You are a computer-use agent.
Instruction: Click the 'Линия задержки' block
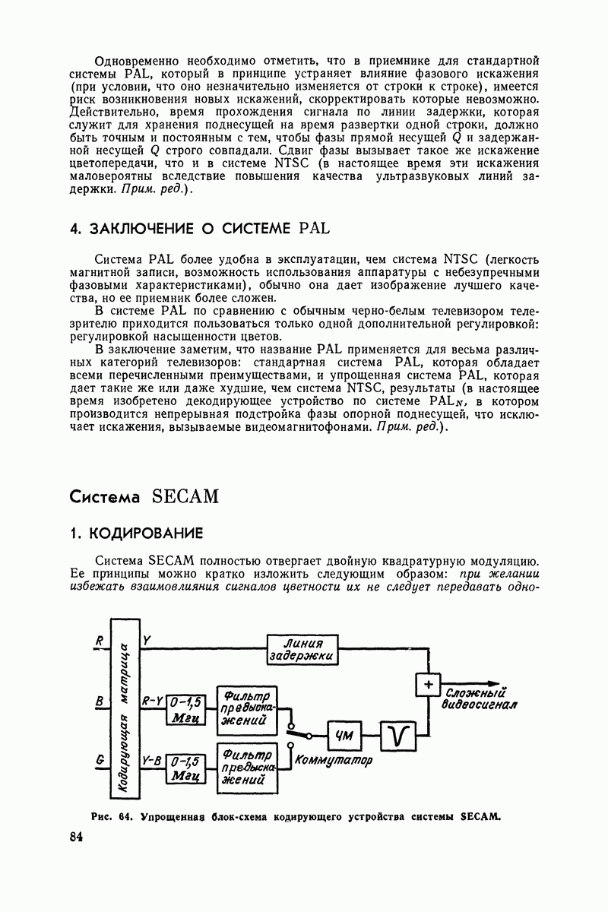pyautogui.click(x=302, y=651)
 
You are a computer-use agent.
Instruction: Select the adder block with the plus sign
pyautogui.click(x=429, y=685)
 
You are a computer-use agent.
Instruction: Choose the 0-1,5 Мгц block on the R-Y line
pyautogui.click(x=182, y=709)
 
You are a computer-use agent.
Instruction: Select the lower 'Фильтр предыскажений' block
pyautogui.click(x=247, y=768)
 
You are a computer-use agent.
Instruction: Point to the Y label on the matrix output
pyautogui.click(x=147, y=642)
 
